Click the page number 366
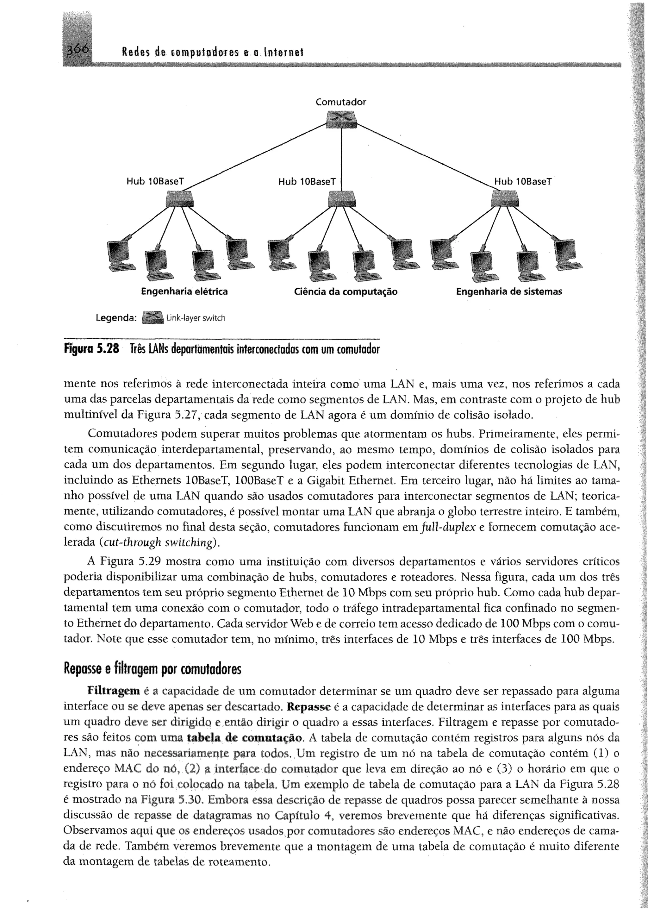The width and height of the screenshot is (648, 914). (78, 50)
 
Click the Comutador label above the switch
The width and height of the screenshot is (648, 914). (340, 102)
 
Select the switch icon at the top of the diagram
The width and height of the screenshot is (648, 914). (341, 119)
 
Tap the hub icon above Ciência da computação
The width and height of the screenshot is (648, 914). (341, 198)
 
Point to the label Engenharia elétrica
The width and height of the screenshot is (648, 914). (184, 292)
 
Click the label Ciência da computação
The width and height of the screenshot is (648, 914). (346, 292)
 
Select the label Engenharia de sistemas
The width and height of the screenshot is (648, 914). (509, 292)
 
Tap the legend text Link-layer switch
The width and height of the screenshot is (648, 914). (196, 318)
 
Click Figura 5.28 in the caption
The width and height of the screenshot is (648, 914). (91, 350)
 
